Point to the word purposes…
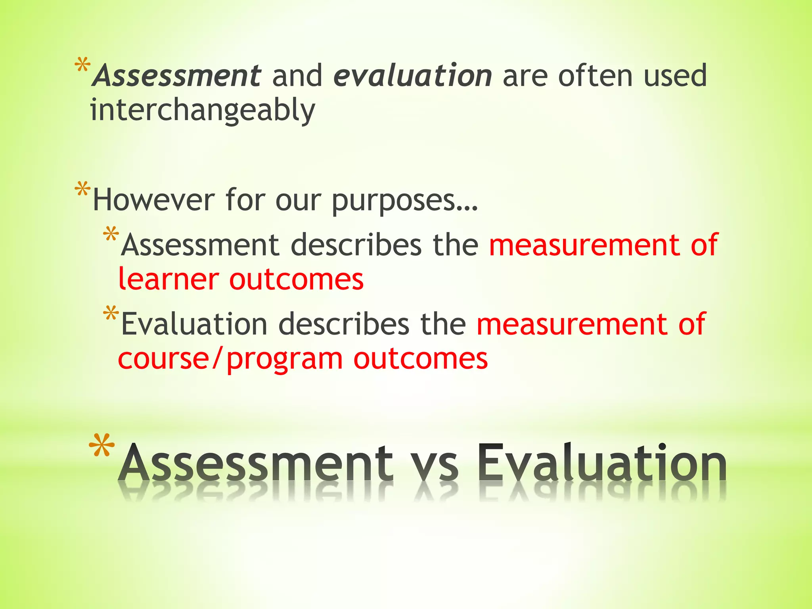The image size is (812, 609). click(405, 201)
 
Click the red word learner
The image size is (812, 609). click(169, 279)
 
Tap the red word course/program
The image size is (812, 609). click(230, 359)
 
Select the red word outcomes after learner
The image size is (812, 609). click(296, 279)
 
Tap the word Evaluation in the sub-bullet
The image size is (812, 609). click(194, 324)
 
